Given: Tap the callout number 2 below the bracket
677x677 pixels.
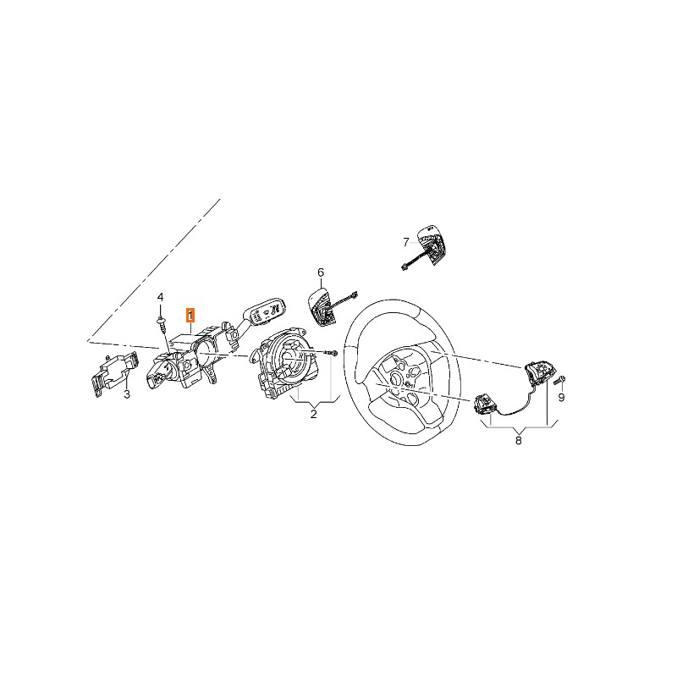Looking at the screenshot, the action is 314,414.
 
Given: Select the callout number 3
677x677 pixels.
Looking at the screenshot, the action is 127,394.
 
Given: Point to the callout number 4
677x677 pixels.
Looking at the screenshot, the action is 160,297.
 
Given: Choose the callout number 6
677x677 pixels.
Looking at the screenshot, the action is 321,272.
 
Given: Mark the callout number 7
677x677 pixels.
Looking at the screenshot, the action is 405,242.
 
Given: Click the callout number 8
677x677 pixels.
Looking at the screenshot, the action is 519,441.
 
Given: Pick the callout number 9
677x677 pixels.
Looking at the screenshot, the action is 562,397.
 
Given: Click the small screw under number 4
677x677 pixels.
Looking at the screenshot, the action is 162,324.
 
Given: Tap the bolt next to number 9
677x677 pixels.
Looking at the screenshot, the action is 559,380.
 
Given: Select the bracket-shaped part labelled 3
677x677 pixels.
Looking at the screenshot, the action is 114,373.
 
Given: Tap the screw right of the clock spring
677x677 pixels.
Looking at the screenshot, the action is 331,353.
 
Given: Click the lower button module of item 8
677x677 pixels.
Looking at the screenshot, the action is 486,405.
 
